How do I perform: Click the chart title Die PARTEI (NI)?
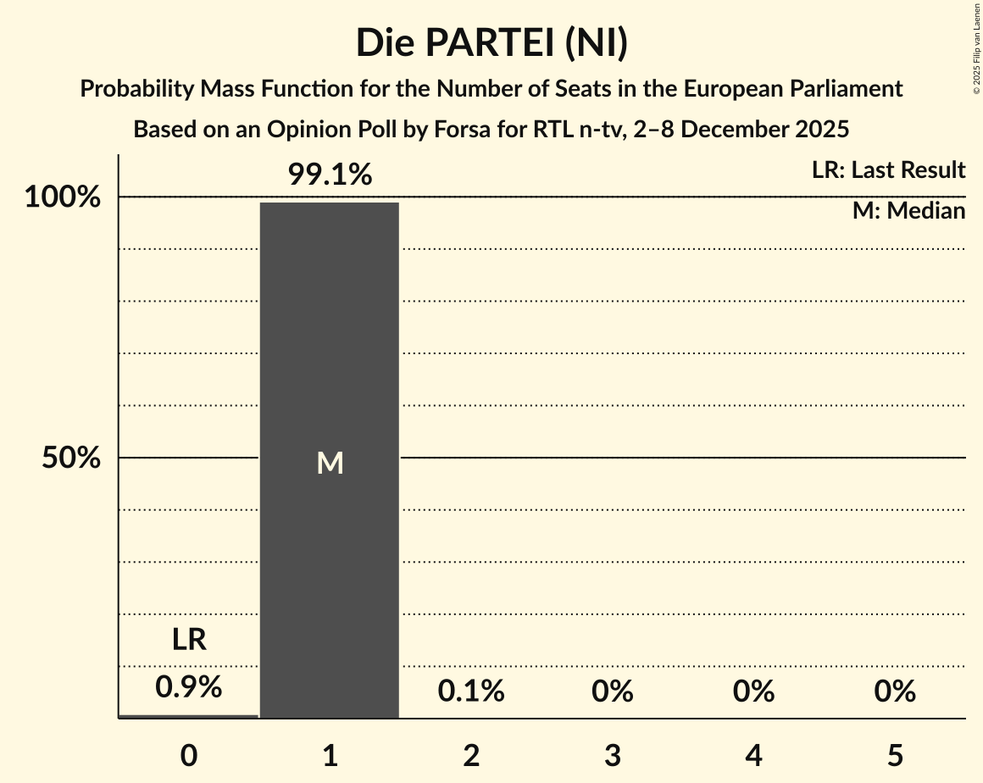(x=491, y=42)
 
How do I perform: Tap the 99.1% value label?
(x=330, y=175)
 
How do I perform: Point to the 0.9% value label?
(x=189, y=687)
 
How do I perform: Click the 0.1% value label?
(x=471, y=691)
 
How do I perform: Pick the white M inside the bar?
(x=330, y=463)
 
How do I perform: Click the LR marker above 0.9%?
(x=189, y=640)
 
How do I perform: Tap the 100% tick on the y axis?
(x=63, y=197)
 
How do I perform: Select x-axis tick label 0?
(x=189, y=755)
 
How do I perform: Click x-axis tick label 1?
(x=330, y=755)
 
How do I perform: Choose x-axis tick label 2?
(x=471, y=755)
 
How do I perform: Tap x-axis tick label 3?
(x=613, y=755)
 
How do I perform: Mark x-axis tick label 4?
(x=754, y=755)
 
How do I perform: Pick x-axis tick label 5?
(x=896, y=755)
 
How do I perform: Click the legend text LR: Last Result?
(x=888, y=170)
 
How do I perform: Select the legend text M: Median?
(x=908, y=211)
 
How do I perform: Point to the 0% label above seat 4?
(x=754, y=691)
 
